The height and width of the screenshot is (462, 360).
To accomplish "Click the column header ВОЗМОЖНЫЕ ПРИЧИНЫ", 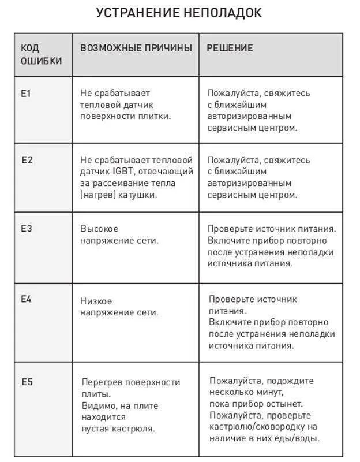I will (x=136, y=48).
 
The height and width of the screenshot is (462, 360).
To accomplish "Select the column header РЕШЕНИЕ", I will (x=230, y=48).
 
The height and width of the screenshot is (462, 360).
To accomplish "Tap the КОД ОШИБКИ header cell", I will (x=41, y=54).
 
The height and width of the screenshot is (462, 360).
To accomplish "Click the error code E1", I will (x=25, y=92).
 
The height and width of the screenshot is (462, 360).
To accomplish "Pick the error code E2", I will (x=27, y=160).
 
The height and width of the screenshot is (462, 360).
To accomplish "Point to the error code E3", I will (x=27, y=228).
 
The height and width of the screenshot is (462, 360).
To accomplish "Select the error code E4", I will (x=27, y=299).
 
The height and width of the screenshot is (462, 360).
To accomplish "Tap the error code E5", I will (x=27, y=382).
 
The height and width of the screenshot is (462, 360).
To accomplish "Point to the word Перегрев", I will (x=102, y=382).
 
